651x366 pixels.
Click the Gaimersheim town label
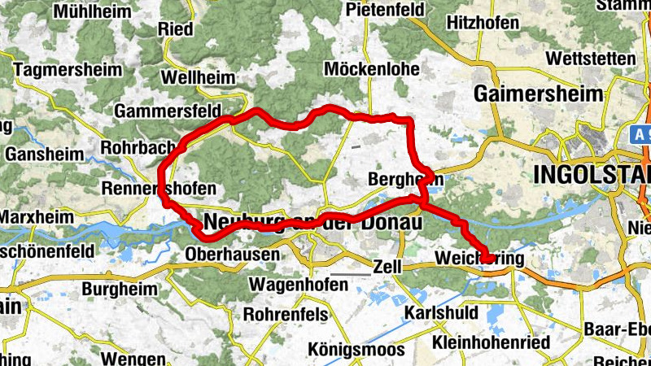540,94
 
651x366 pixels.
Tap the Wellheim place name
199,78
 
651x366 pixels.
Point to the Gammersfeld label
168,111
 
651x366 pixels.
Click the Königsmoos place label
356,350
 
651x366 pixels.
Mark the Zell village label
387,266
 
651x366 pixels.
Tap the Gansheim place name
45,155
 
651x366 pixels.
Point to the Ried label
177,29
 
